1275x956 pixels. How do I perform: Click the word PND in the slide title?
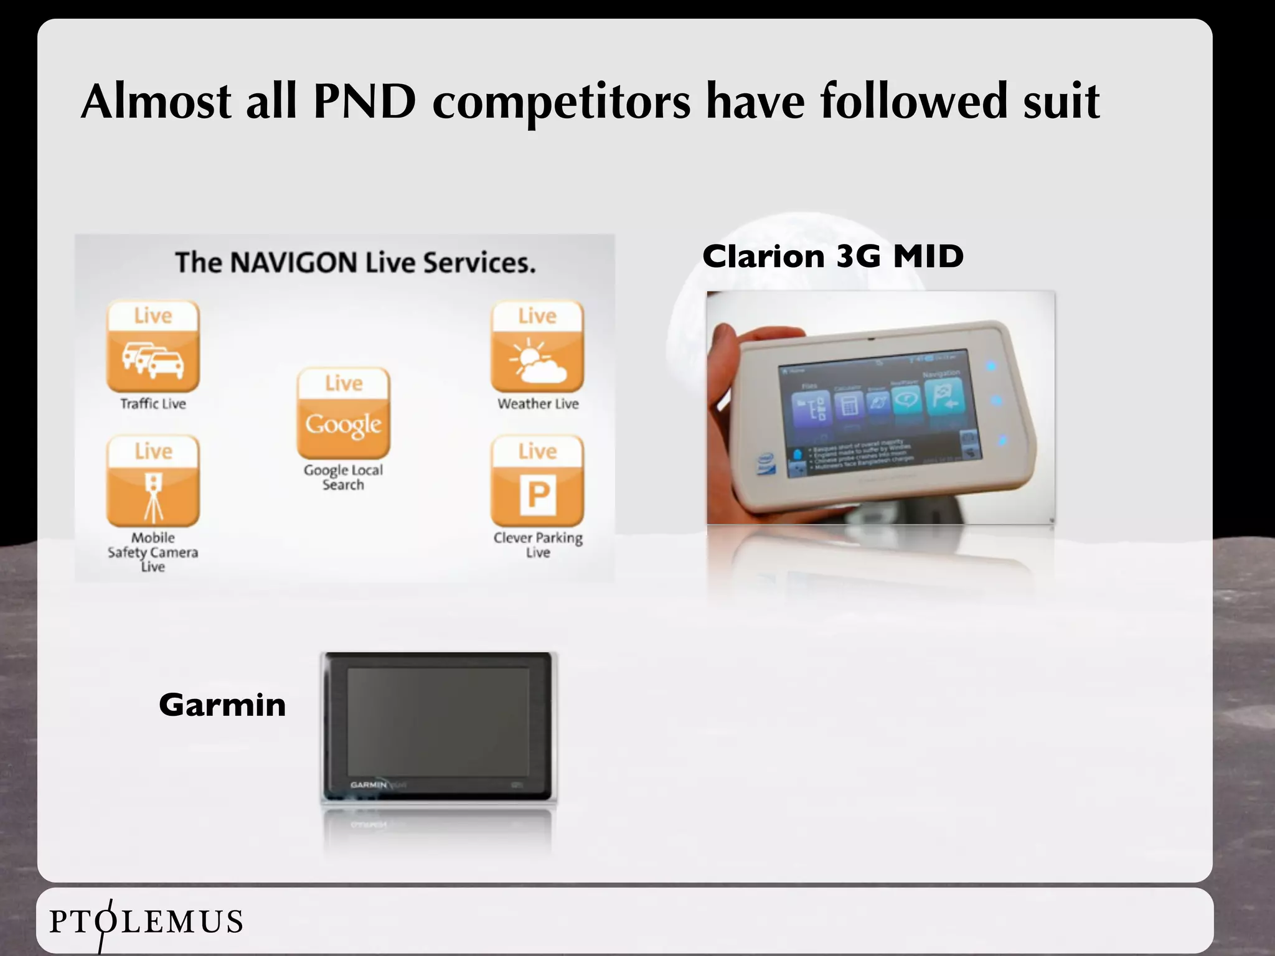click(x=364, y=101)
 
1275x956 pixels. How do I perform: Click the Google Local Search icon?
click(x=344, y=413)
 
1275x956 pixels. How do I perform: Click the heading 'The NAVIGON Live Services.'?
click(x=355, y=262)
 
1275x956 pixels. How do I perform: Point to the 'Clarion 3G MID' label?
click(x=833, y=256)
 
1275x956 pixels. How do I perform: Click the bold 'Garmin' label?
click(x=222, y=705)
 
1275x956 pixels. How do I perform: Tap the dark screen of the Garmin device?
click(x=438, y=722)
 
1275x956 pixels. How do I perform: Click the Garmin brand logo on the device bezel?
click(x=369, y=785)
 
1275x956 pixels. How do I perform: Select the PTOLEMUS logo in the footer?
click(x=146, y=922)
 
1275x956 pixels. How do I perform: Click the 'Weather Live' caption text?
click(x=538, y=404)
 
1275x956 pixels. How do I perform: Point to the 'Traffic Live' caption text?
click(x=153, y=404)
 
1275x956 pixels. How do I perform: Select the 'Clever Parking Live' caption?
click(x=538, y=545)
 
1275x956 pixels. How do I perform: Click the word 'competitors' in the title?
click(x=561, y=101)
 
